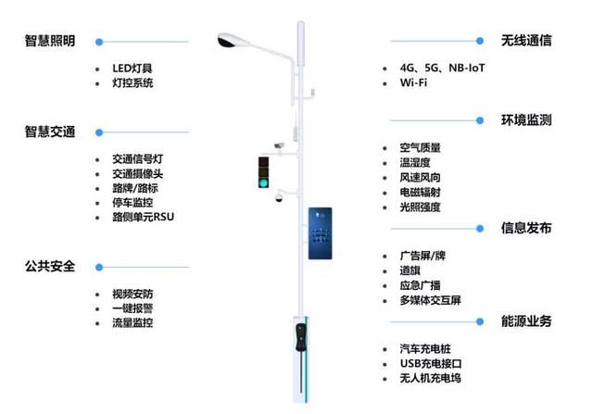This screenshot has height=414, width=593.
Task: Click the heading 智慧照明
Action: [x=50, y=42]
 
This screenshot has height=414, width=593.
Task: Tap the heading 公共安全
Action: [x=50, y=266]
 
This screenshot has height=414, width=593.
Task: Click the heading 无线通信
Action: [x=526, y=41]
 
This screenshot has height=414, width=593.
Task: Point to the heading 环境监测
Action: [x=526, y=120]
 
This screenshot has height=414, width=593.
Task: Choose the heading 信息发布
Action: [x=526, y=228]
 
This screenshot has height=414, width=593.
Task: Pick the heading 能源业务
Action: [x=526, y=320]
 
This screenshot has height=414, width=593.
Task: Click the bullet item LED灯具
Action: [x=132, y=69]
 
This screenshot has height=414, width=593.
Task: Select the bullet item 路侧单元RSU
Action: [x=143, y=217]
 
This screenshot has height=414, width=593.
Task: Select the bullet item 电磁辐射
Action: [x=420, y=192]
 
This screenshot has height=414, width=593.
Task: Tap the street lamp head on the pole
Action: [x=233, y=41]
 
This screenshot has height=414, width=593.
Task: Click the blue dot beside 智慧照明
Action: [x=99, y=42]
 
